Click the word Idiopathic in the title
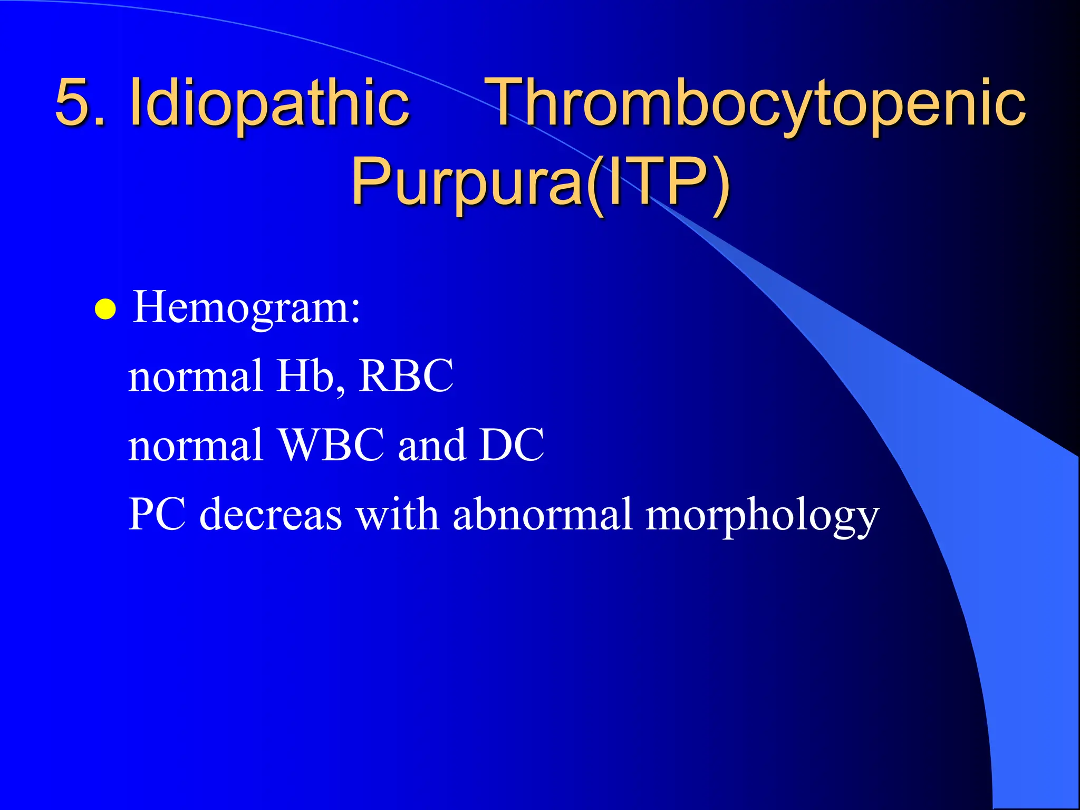click(269, 103)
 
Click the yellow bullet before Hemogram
click(105, 310)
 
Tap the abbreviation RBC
click(406, 376)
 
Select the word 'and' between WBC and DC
click(431, 445)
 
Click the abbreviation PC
click(157, 514)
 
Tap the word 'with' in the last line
click(397, 514)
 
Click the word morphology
click(762, 517)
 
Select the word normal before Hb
click(196, 376)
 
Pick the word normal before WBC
click(196, 445)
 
